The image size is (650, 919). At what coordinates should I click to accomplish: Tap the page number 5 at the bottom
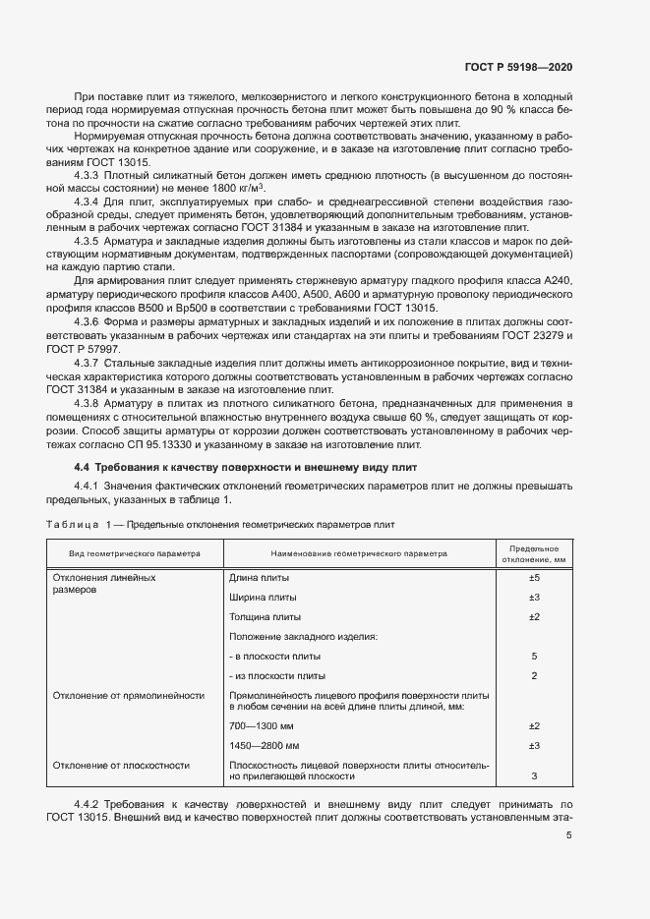(569, 836)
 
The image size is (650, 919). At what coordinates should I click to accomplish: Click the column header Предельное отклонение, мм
(534, 553)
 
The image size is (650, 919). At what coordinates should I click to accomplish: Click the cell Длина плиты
(259, 578)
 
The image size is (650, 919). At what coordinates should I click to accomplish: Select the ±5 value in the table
(534, 578)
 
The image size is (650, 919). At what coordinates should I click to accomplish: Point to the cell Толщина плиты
(265, 616)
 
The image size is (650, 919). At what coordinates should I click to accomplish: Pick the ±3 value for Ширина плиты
(534, 598)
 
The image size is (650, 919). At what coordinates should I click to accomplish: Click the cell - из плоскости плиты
(276, 675)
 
